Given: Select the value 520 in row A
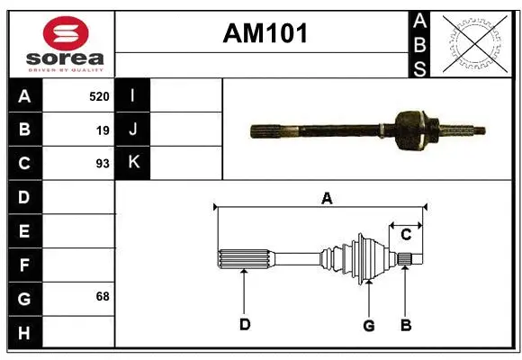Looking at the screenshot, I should [99, 95].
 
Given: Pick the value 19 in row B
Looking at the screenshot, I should [103, 130].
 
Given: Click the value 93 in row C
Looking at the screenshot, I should [102, 164].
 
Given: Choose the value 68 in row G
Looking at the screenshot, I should [102, 296].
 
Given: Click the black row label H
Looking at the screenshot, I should [24, 332].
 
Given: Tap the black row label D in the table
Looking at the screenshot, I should [24, 197].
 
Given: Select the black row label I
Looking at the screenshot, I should [132, 95].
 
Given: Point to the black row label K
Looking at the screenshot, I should [132, 163].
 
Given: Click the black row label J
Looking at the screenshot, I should [132, 130].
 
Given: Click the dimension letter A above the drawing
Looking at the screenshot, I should [327, 198].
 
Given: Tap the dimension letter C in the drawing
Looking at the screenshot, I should [406, 235].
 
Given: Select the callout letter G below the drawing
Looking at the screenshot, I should [368, 325].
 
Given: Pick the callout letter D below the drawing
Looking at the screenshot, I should [244, 325].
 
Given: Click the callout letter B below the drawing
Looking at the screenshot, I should [406, 325].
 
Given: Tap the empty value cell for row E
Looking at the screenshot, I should [78, 231].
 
